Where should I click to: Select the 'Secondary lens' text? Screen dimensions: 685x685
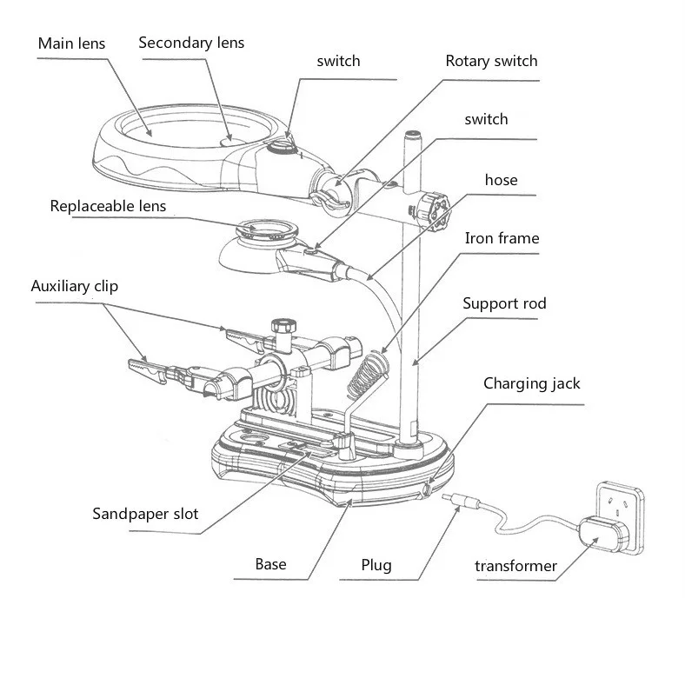191,43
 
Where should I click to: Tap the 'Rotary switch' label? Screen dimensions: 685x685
491,61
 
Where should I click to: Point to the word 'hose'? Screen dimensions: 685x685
501,180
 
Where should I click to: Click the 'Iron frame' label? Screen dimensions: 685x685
502,238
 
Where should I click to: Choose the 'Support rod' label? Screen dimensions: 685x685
504,303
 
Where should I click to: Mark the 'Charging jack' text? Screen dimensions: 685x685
532,382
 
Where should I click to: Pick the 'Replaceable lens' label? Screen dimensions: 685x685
108,206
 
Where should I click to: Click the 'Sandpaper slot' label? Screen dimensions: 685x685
145,513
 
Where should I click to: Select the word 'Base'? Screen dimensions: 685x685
270,564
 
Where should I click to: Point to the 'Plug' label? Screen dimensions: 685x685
376,565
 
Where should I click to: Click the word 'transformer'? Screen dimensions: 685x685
515,567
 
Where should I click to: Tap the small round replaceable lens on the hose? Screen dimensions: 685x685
266,232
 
